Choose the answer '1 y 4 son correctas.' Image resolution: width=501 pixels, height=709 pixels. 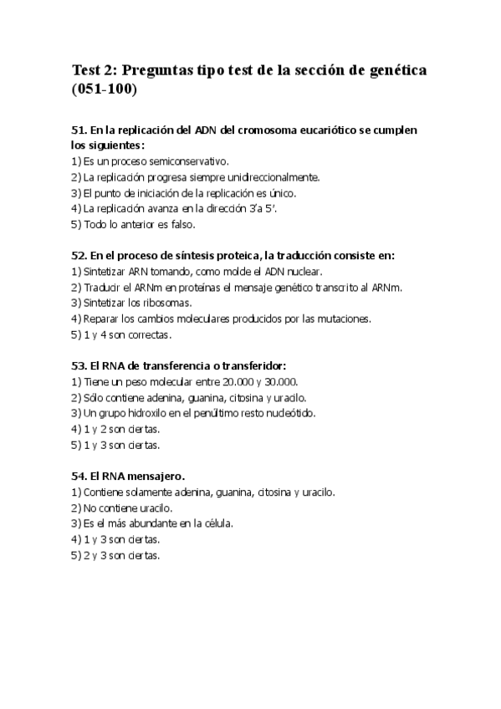121,334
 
